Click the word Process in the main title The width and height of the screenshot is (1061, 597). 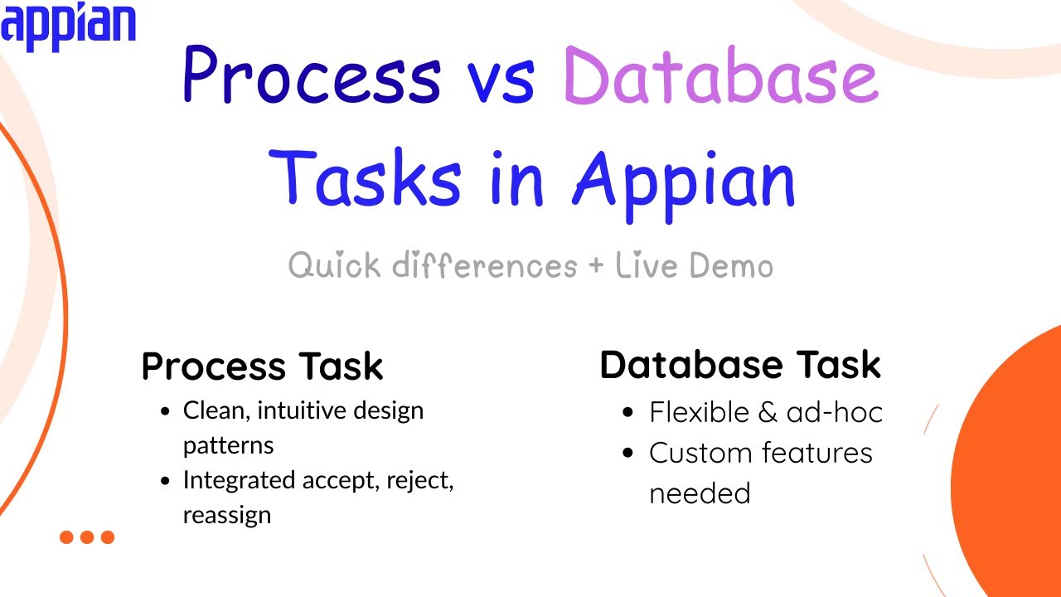(311, 76)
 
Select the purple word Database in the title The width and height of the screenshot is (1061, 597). (719, 76)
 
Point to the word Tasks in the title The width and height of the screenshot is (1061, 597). (366, 178)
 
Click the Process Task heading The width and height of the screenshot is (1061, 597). (262, 366)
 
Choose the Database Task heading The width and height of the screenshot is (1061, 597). (739, 365)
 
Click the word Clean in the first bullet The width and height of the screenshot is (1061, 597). (208, 410)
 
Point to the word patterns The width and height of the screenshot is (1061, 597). (228, 446)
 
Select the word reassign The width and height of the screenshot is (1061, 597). (226, 515)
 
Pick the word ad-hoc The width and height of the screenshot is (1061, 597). (834, 412)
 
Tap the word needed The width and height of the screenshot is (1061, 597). (699, 493)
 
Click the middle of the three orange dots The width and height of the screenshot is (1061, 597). (87, 537)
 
